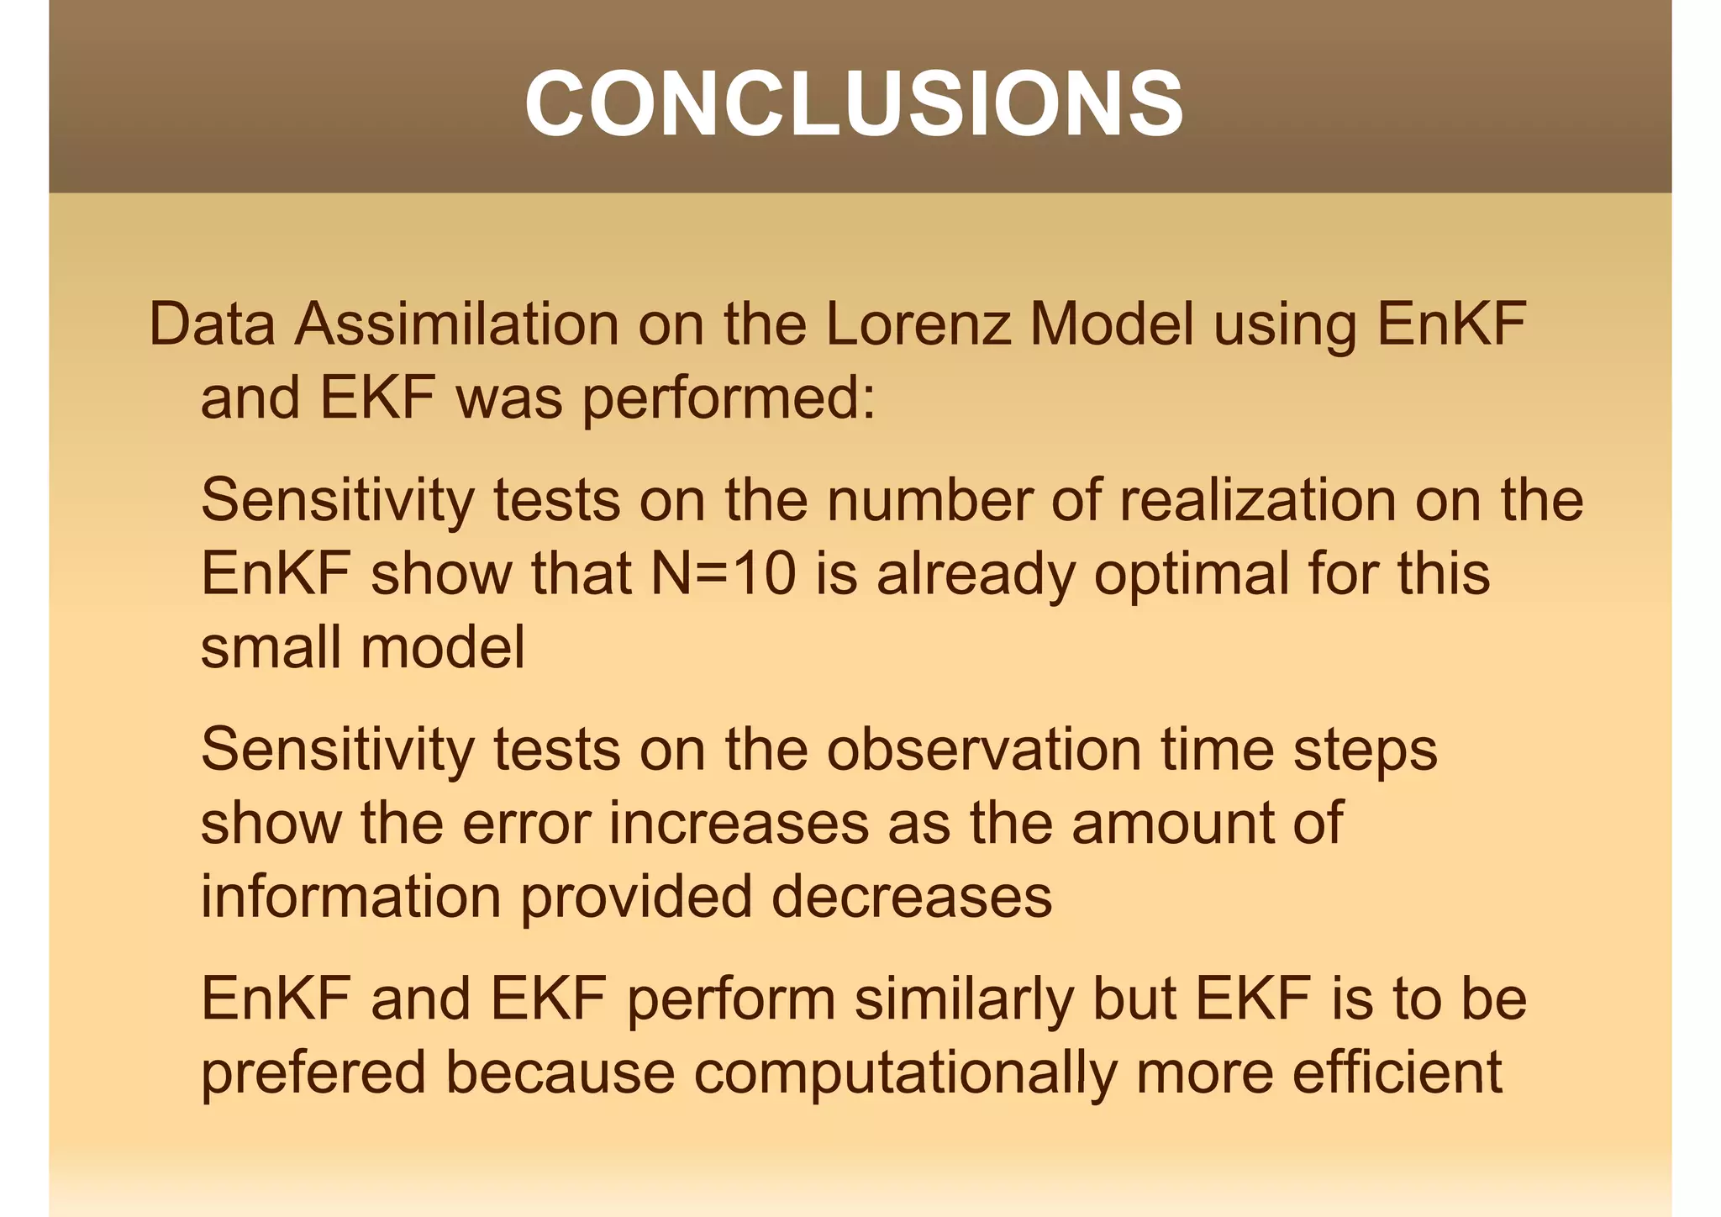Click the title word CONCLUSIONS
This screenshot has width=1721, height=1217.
pos(854,103)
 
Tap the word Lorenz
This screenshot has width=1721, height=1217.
pos(918,324)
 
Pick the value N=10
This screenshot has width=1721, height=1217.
pos(724,574)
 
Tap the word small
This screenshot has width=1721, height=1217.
pos(271,648)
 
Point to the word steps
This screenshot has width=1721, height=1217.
pos(1366,751)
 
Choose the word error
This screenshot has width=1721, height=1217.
pos(526,823)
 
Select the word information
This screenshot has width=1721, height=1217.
pos(351,897)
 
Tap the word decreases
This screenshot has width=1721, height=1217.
pos(911,897)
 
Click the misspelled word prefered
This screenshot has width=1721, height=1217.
pos(313,1073)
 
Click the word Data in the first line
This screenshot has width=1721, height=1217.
pos(212,324)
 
